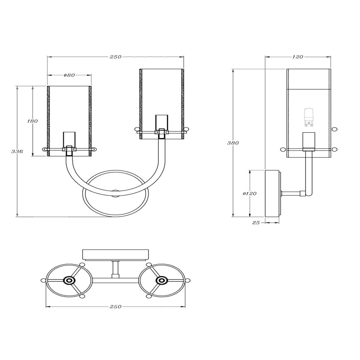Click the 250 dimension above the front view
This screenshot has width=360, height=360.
pos(115,57)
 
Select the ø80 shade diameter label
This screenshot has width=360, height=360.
pos(69,75)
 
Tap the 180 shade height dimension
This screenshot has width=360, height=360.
pos(32,121)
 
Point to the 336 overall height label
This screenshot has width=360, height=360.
pos(17,152)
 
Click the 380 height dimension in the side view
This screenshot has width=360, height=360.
pos(233,143)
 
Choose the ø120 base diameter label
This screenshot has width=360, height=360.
pos(250,193)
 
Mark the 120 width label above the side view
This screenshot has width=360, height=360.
pos(297,57)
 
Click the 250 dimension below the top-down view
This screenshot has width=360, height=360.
pos(115,307)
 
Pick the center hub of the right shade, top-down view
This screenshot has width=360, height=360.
pos(162,280)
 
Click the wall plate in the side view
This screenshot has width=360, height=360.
pos(272,193)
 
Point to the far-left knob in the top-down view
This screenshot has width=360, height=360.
pos(43,280)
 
